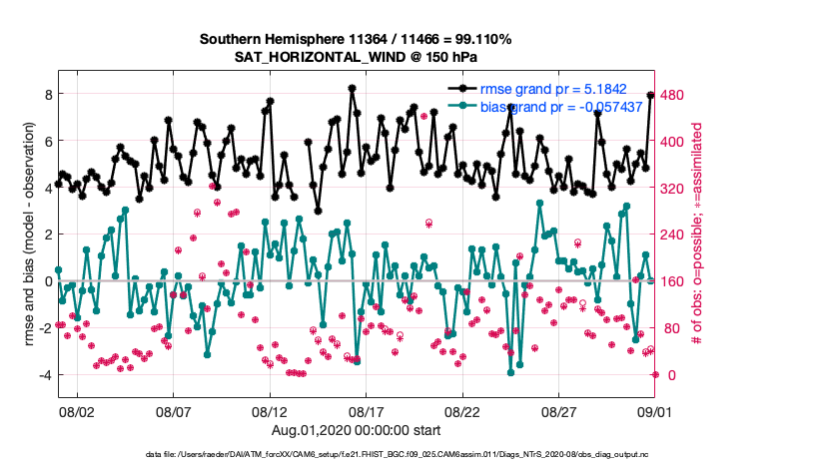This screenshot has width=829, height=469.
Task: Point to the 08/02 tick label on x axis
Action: click(77, 411)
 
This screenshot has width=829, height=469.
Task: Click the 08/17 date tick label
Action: click(367, 411)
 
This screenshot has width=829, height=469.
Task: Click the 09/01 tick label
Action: click(655, 411)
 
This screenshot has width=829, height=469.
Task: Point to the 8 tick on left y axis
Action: click(46, 95)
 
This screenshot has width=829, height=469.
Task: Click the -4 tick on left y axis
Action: click(43, 375)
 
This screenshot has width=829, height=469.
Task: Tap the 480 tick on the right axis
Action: click(675, 95)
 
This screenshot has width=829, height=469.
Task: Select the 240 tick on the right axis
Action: click(675, 234)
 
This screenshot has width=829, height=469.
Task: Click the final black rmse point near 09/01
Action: click(650, 95)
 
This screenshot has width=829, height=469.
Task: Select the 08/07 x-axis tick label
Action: click(174, 411)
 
